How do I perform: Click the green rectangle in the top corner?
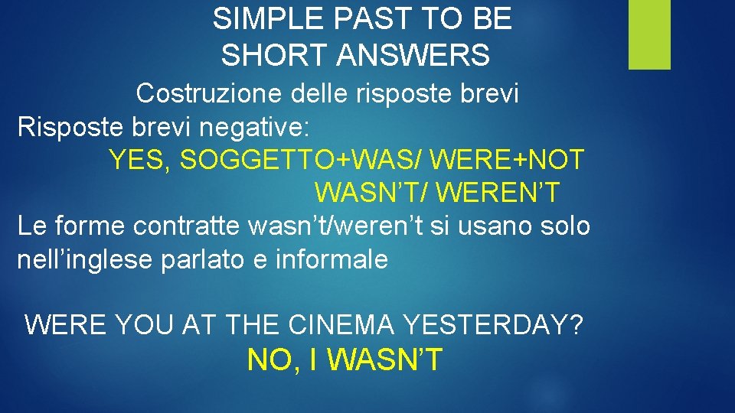649,34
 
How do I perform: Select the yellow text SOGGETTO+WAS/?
302,160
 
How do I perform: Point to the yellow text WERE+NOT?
508,160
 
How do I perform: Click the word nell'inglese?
86,259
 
